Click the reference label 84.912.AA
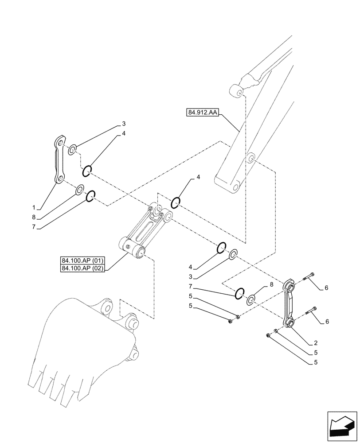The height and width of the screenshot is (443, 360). click(x=202, y=113)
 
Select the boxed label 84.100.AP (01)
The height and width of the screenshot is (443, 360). click(x=82, y=260)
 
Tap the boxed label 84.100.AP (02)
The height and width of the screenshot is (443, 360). click(x=82, y=268)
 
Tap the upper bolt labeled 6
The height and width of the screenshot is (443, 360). click(x=310, y=276)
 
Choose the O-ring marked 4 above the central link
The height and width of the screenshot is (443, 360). click(x=176, y=202)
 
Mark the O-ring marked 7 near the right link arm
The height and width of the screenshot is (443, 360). click(x=239, y=292)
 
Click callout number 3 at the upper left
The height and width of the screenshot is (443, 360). click(x=124, y=124)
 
